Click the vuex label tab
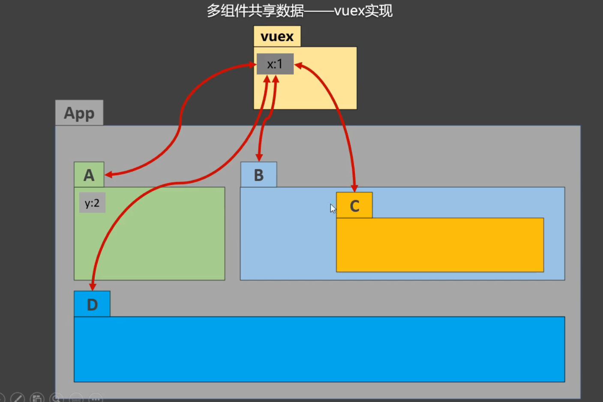pos(277,36)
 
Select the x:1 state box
pos(275,64)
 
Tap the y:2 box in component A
pos(92,203)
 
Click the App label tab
pos(79,113)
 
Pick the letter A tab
pos(89,175)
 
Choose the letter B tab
pos(258,175)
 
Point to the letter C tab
pos(354,206)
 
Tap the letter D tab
pos(92,304)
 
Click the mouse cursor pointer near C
pos(333,208)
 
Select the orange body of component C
pos(440,245)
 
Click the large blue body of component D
pos(319,349)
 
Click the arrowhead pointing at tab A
pos(109,174)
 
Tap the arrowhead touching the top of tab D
pos(93,286)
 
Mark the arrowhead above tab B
pos(259,157)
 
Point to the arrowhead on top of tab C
pos(354,188)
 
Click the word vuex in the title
pos(349,11)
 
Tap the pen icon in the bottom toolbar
pos(18,398)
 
